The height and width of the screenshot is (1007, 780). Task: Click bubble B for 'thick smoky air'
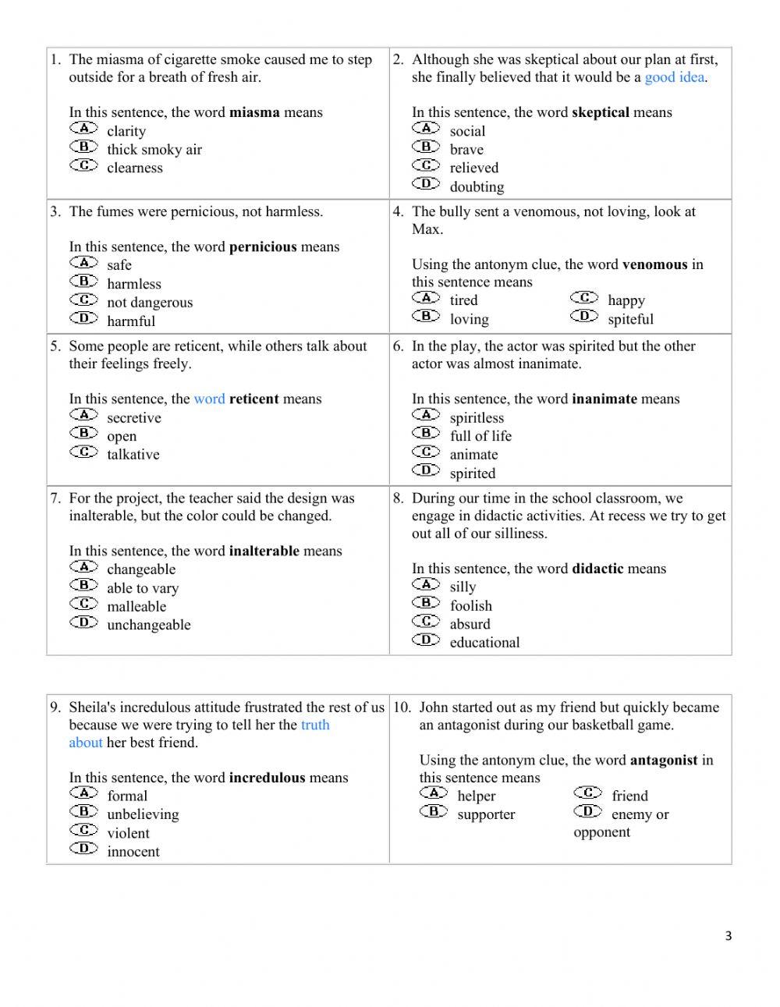pyautogui.click(x=83, y=147)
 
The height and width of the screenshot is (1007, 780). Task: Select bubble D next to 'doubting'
pyautogui.click(x=426, y=184)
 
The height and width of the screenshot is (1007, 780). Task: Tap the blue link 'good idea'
pyautogui.click(x=674, y=77)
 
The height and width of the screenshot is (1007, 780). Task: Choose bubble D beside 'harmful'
pyautogui.click(x=83, y=318)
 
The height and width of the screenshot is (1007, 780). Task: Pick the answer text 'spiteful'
pyautogui.click(x=630, y=319)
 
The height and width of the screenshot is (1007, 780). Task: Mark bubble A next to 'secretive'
pyautogui.click(x=83, y=415)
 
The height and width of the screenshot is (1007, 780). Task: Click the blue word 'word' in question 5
pyautogui.click(x=209, y=399)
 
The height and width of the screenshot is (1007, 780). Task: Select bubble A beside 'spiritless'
pyautogui.click(x=426, y=415)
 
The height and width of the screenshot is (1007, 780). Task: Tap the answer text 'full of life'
pyautogui.click(x=480, y=436)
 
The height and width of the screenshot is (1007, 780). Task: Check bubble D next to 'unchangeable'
pyautogui.click(x=83, y=622)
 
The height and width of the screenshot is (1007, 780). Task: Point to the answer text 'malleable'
pyautogui.click(x=136, y=606)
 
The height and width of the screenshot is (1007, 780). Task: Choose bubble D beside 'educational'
pyautogui.click(x=426, y=640)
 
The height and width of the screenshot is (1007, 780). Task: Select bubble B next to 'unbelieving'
pyautogui.click(x=83, y=812)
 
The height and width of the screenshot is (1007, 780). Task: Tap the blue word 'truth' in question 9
pyautogui.click(x=315, y=725)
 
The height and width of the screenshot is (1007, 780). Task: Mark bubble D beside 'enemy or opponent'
pyautogui.click(x=587, y=812)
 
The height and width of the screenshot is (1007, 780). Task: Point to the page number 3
pyautogui.click(x=729, y=936)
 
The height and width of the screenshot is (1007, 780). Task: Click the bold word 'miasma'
pyautogui.click(x=254, y=112)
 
